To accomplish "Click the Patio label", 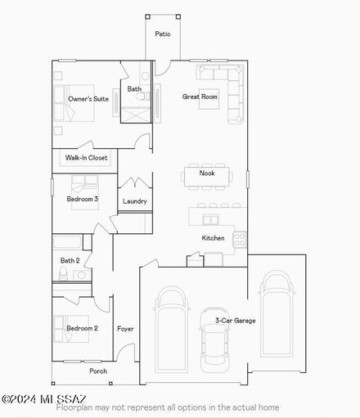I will [x=163, y=34].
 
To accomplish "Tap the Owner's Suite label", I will [x=88, y=99].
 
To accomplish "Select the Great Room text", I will [x=200, y=97].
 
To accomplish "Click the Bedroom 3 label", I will [x=83, y=199].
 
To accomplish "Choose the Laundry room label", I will [x=134, y=201].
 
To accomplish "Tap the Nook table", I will [x=207, y=173].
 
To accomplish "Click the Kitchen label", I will [x=213, y=238].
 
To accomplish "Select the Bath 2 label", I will [x=70, y=261].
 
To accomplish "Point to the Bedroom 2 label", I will [x=83, y=328].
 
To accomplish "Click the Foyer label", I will [x=125, y=329].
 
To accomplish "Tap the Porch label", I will [x=98, y=371].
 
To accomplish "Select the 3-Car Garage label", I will [x=235, y=321].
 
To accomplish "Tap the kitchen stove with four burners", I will [x=241, y=239].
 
